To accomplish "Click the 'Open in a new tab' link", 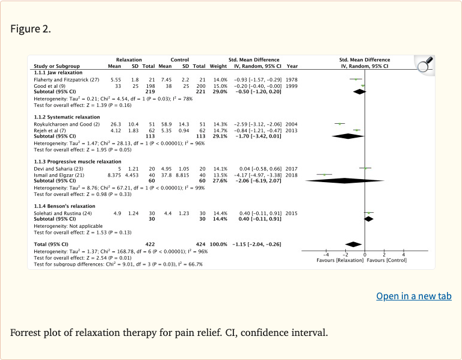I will [x=414, y=296].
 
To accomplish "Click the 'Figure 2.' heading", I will [x=31, y=29].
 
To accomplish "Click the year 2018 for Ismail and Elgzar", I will [x=292, y=174].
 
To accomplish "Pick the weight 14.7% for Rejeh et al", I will [x=220, y=130].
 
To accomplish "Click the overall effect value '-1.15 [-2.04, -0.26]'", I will [x=257, y=244].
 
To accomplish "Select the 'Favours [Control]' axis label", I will [x=387, y=260].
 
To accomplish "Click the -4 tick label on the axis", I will [x=325, y=255].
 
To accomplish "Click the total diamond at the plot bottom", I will [x=353, y=244].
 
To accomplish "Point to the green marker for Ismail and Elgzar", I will [x=324, y=174].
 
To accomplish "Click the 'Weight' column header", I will [x=218, y=66].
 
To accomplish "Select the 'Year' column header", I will [x=292, y=66].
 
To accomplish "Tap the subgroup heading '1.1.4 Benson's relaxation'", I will [x=60, y=206].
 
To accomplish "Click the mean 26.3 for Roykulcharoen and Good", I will [x=115, y=124].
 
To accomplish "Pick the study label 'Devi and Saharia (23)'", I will [x=57, y=169].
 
